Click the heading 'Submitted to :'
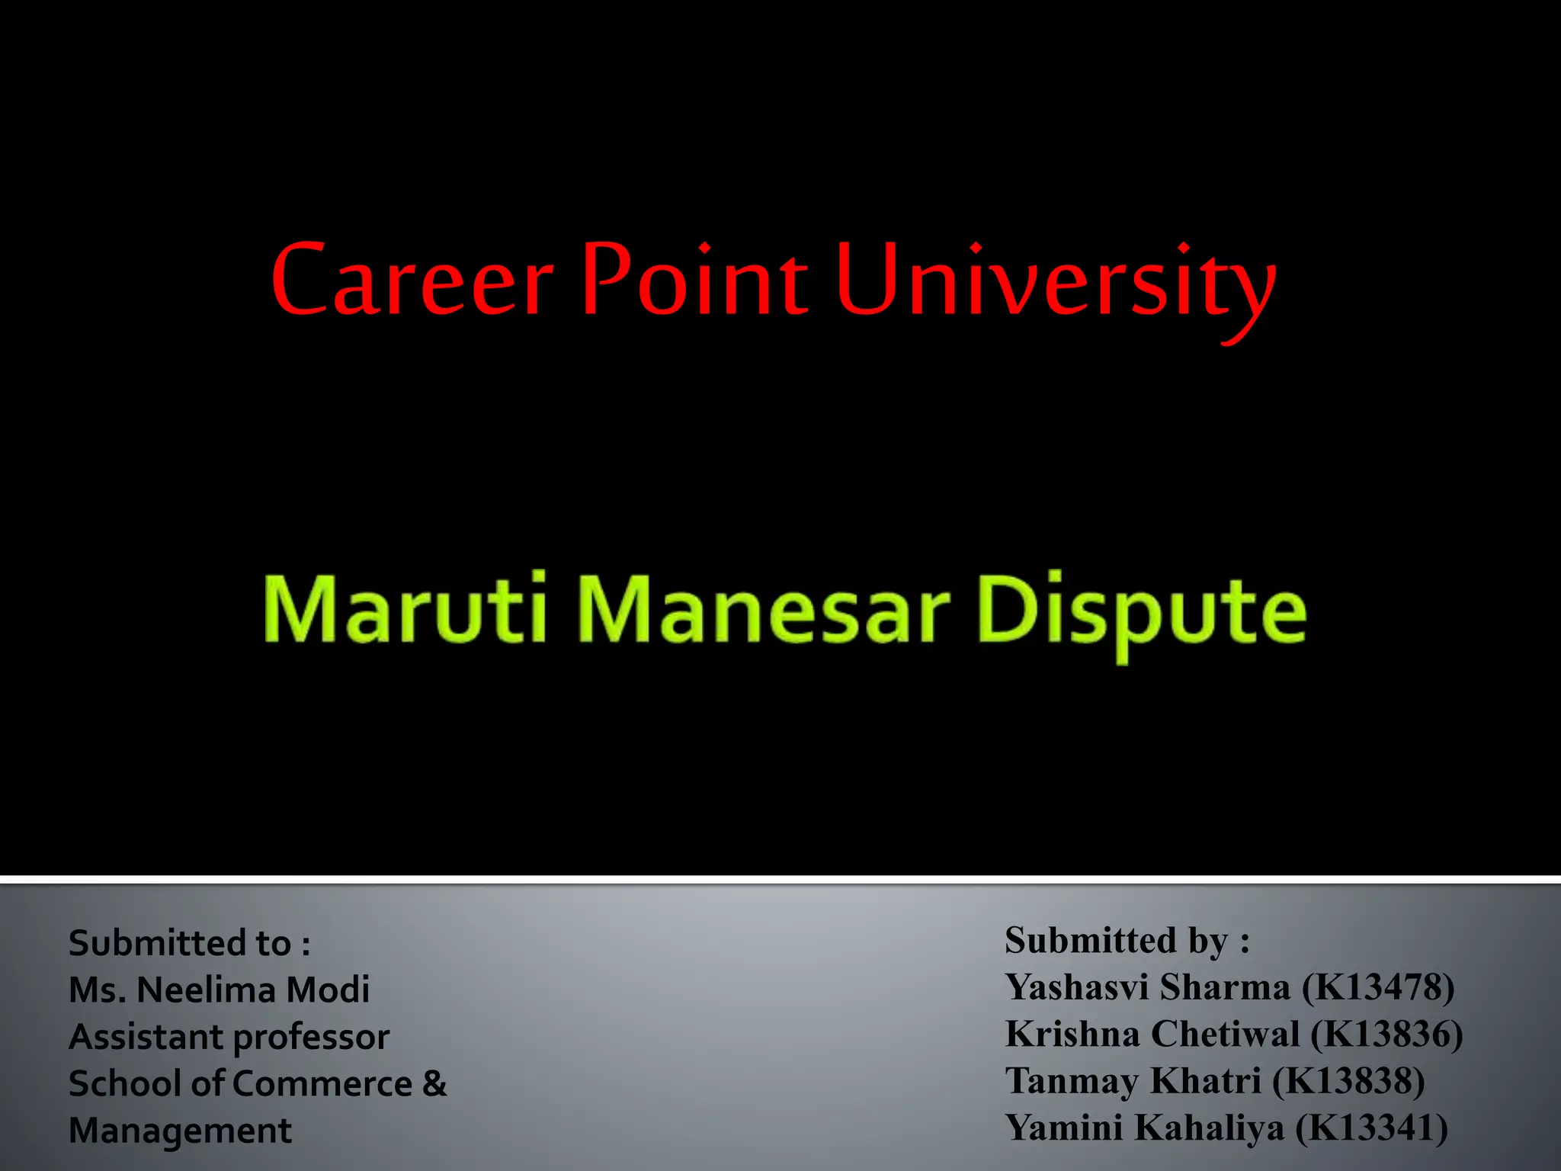190,943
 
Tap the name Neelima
206,990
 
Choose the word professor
311,1038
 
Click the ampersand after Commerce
434,1083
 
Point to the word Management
180,1131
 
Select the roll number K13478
1378,987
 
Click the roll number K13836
1386,1035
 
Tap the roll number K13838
1348,1081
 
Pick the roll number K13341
1372,1128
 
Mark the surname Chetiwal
1225,1035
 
